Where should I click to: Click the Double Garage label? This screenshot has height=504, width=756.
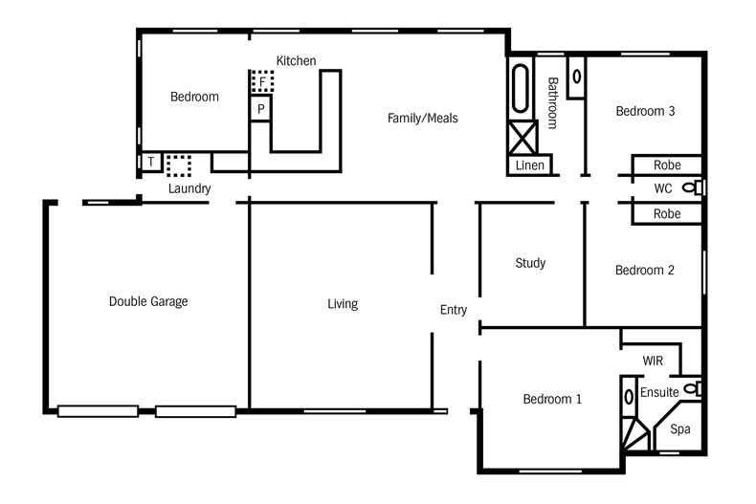[x=148, y=301]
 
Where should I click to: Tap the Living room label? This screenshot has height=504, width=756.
[x=343, y=304]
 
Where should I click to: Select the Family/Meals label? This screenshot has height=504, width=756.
[x=422, y=119]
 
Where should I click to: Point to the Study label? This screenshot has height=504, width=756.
[x=530, y=263]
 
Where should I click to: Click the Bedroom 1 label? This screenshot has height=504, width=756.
[x=552, y=399]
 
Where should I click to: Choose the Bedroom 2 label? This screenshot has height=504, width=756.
[x=644, y=271]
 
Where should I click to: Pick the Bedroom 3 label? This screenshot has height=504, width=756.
[x=645, y=111]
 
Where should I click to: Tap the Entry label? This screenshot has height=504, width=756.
[x=454, y=310]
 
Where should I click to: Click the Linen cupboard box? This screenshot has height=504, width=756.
[x=529, y=165]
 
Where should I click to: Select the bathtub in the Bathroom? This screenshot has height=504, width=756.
[x=522, y=90]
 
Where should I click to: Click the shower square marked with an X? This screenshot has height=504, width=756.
[x=523, y=138]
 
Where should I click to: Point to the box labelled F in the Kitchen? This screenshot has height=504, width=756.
[x=262, y=82]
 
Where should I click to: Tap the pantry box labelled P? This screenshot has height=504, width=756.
[x=260, y=109]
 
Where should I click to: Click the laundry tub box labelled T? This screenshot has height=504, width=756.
[x=150, y=163]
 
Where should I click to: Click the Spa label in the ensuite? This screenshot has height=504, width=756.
[x=679, y=429]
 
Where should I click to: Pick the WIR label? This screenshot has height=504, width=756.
[x=654, y=361]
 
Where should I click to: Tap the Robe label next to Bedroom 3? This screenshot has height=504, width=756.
[x=667, y=164]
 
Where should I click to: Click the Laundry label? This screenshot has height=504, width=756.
[x=189, y=188]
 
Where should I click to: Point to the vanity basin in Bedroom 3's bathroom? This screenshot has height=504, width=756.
[x=576, y=76]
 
